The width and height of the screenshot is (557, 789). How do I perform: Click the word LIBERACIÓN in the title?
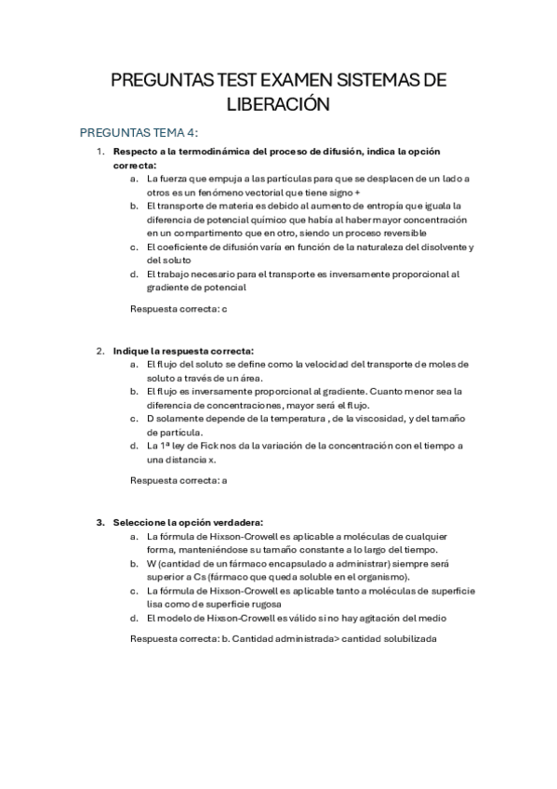pyautogui.click(x=278, y=104)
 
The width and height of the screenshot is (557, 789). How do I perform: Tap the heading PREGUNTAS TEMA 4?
pyautogui.click(x=139, y=132)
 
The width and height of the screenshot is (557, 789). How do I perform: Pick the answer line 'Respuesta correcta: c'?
pyautogui.click(x=179, y=308)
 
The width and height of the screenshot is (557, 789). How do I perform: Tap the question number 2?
pyautogui.click(x=100, y=351)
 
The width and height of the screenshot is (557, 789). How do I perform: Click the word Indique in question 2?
pyautogui.click(x=129, y=351)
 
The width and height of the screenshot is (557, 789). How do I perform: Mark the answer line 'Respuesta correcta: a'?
pyautogui.click(x=179, y=480)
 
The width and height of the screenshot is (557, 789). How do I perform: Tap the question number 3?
pyautogui.click(x=100, y=522)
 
